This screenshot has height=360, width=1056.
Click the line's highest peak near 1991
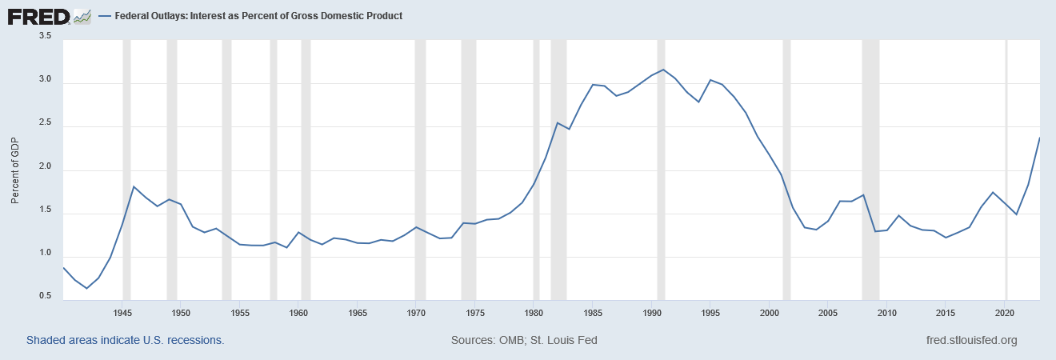(663, 70)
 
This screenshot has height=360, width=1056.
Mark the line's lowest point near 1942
(86, 288)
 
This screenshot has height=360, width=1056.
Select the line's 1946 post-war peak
(134, 186)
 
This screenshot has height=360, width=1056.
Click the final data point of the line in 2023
(1039, 138)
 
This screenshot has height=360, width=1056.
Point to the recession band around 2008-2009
(870, 168)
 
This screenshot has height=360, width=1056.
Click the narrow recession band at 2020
(1006, 168)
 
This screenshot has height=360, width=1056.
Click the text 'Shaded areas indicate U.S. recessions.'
(125, 340)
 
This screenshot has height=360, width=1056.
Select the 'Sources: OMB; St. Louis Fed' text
(524, 340)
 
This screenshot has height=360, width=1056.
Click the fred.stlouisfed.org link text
(970, 340)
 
